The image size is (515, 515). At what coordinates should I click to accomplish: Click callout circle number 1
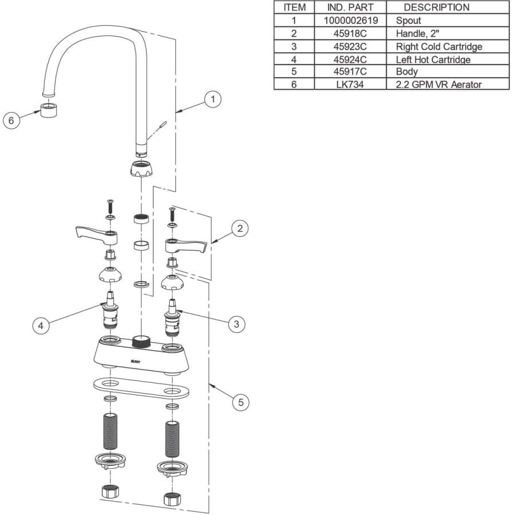click(212, 99)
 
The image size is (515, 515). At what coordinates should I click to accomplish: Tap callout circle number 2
click(240, 228)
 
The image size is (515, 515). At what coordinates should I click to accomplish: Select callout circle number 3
click(236, 324)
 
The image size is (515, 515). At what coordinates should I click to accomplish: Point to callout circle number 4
click(41, 326)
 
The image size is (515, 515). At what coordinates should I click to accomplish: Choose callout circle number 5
click(241, 402)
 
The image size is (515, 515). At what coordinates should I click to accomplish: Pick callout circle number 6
click(11, 120)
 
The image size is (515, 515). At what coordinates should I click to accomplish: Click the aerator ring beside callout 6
click(48, 109)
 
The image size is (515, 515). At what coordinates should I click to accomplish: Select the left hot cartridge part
click(110, 310)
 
